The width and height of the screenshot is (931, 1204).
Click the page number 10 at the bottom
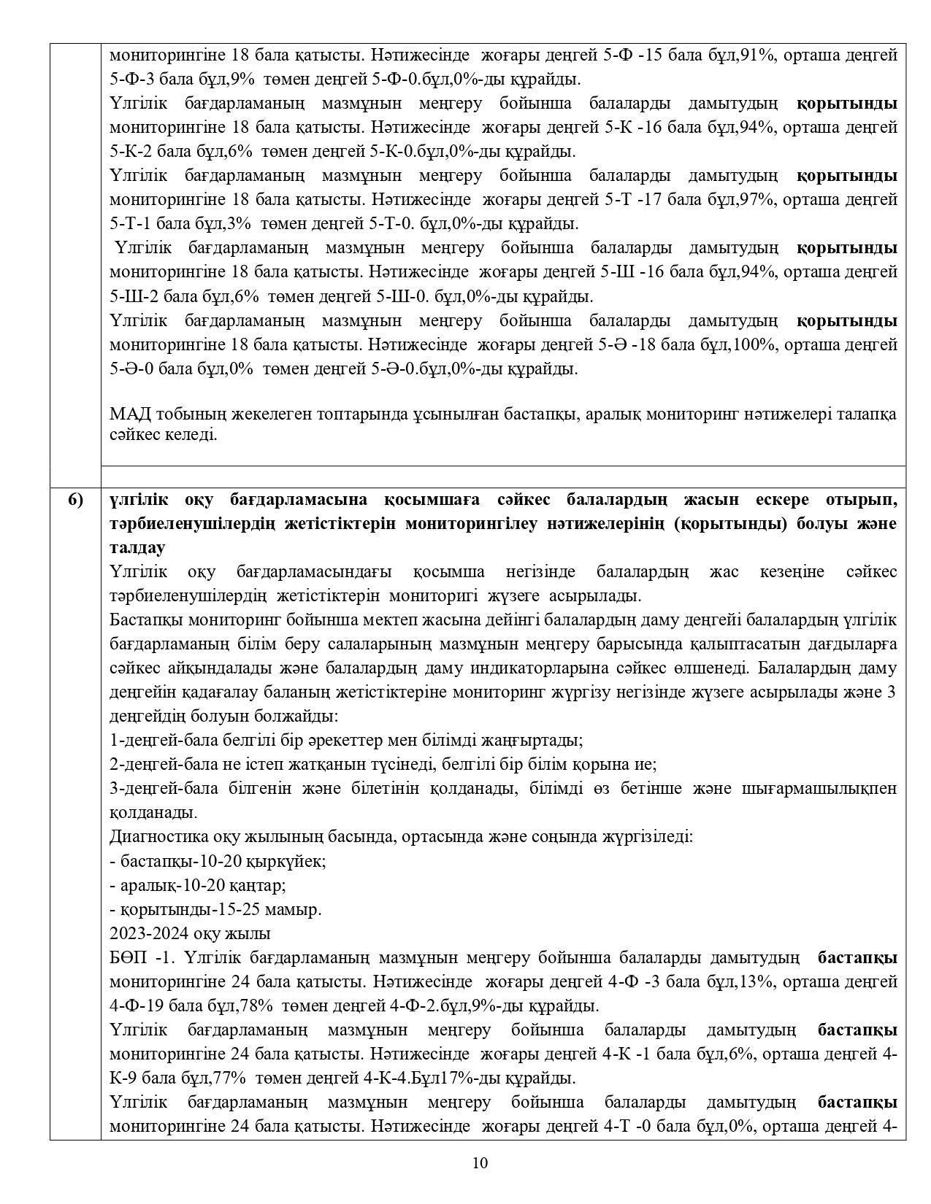[480, 1163]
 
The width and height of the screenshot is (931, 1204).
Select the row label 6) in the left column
[75, 500]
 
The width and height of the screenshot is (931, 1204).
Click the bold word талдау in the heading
[137, 548]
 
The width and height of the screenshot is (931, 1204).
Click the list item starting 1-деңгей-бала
[345, 741]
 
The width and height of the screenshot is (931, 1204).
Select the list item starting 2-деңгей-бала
[383, 765]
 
